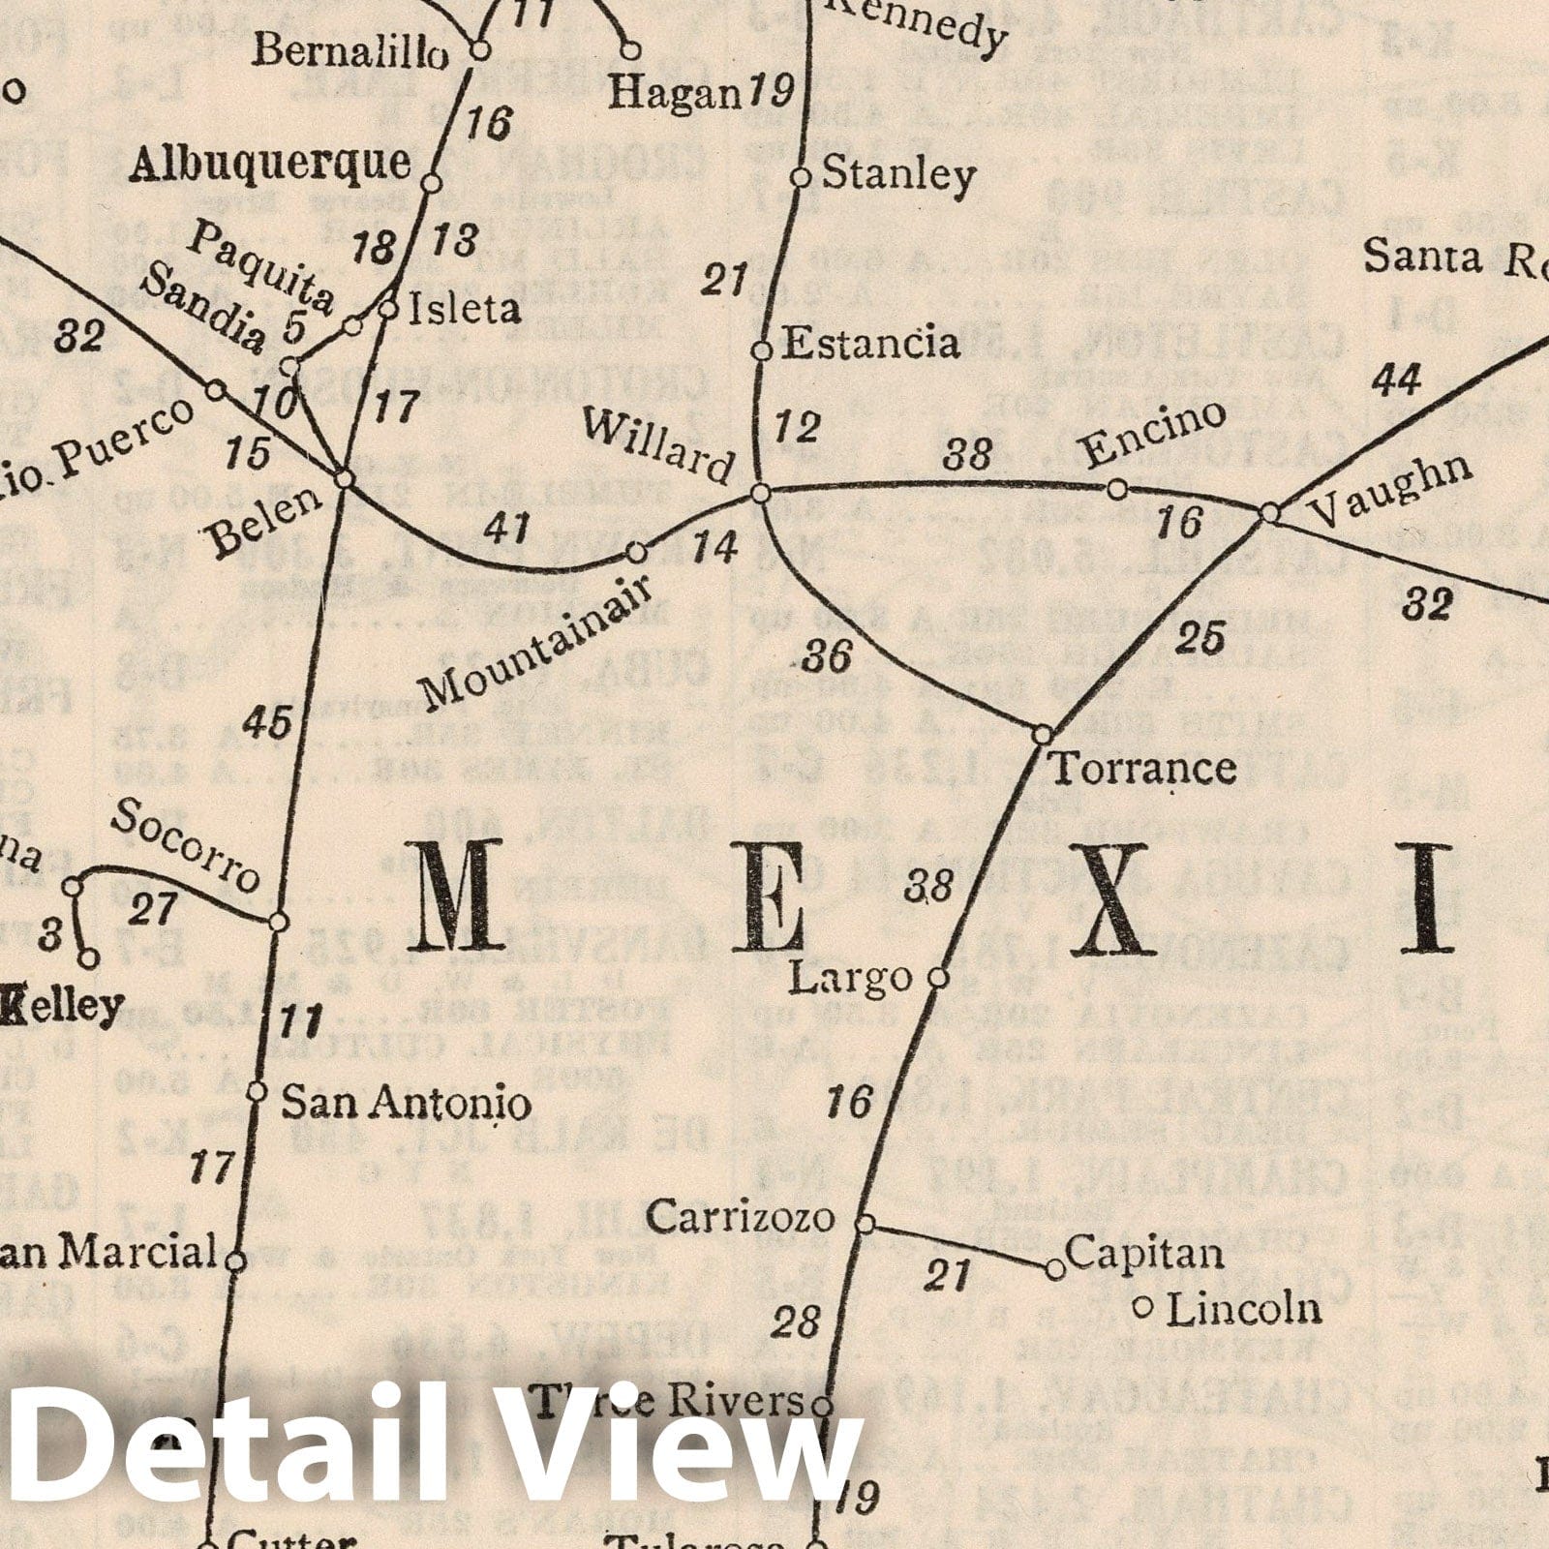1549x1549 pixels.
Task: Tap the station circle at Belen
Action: click(345, 479)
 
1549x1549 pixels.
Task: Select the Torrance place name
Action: click(1143, 770)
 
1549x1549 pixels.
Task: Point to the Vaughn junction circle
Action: click(1270, 513)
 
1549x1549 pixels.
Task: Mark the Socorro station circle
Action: click(278, 921)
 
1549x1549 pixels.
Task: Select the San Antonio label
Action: click(406, 1103)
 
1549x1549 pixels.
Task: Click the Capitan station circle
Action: click(1056, 1268)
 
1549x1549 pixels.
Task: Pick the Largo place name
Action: click(850, 979)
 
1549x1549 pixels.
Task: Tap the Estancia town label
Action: click(870, 344)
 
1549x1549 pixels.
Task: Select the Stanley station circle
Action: click(800, 177)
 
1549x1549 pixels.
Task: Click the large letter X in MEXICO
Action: click(1115, 899)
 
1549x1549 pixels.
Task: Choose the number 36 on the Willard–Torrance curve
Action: click(828, 657)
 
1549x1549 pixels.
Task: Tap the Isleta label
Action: click(464, 310)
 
